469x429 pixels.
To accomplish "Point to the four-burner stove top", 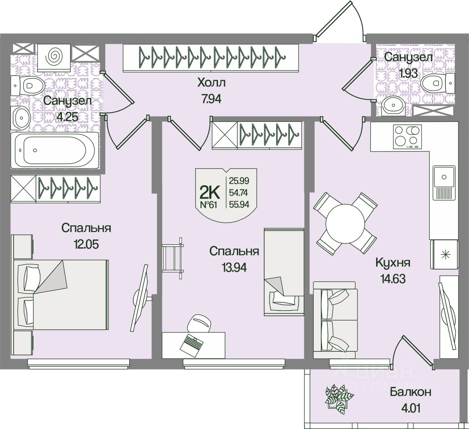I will click(x=407, y=136).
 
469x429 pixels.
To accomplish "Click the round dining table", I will click(x=346, y=223).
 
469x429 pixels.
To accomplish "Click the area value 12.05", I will click(x=86, y=243).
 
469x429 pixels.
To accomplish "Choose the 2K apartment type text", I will click(x=210, y=191).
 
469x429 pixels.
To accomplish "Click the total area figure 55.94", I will click(x=239, y=204).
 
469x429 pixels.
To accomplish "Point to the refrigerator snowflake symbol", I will click(x=445, y=254).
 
